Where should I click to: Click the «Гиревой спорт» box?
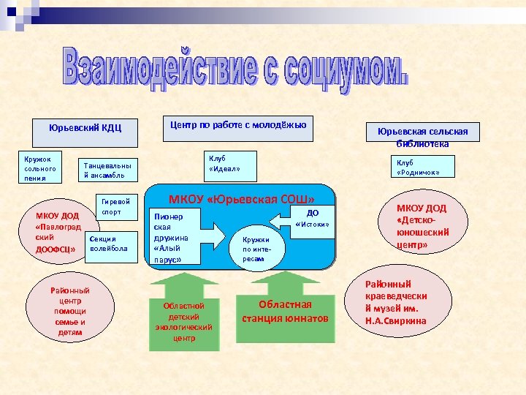point(117,207)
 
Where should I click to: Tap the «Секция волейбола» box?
point(110,244)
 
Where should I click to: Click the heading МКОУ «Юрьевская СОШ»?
point(241,199)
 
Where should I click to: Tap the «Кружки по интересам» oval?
point(256,249)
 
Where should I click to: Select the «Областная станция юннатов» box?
point(285,312)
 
